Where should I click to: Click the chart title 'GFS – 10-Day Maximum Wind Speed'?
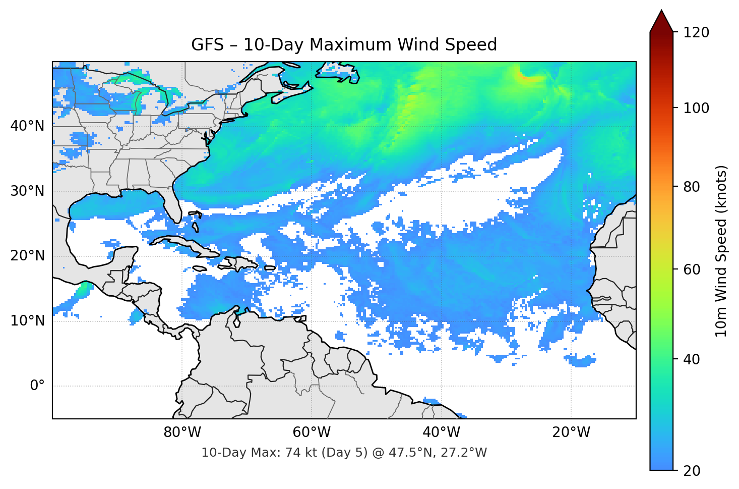pos(344,45)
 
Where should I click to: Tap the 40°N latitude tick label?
pos(27,126)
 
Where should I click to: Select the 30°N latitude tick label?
pos(27,191)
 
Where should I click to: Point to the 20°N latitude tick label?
pos(27,256)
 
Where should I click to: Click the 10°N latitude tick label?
pos(27,321)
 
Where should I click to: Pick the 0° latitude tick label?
pos(37,386)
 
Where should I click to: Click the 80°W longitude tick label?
pos(182,432)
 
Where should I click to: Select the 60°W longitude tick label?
pos(312,432)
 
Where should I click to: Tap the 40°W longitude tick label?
pos(441,432)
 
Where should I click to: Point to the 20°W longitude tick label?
pos(571,432)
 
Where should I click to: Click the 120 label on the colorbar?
pos(696,32)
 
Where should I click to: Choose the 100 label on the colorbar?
pos(696,108)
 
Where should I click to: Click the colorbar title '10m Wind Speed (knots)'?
pos(722,251)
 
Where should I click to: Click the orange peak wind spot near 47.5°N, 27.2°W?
pos(528,78)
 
